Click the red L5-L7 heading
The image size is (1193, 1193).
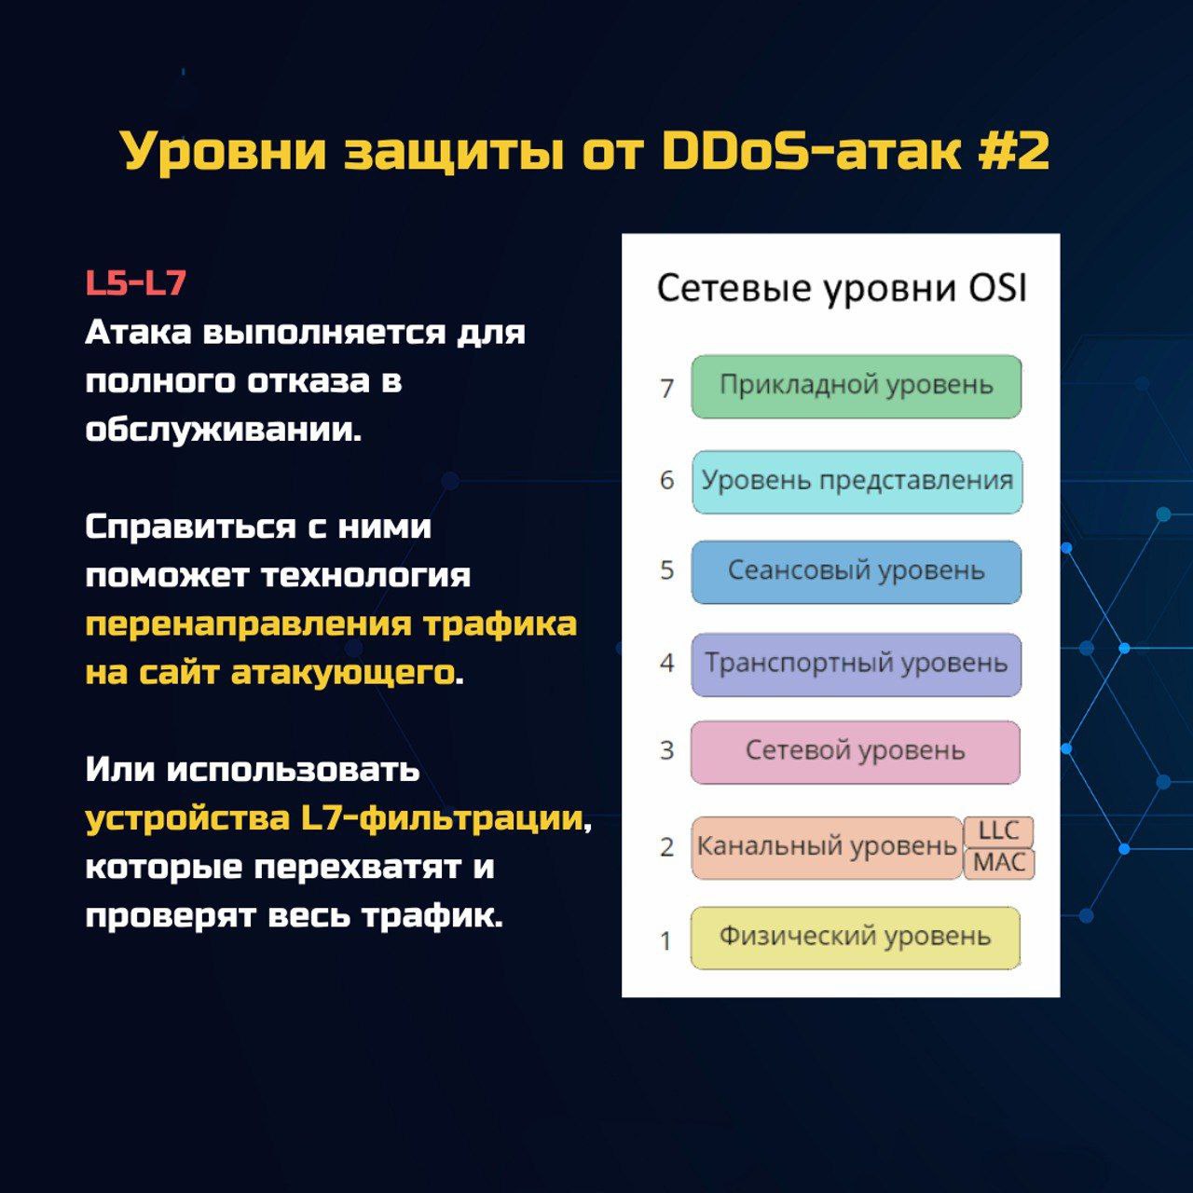[135, 283]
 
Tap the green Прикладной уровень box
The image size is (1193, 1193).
[857, 386]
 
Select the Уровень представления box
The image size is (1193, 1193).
[857, 482]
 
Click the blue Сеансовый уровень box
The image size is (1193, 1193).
[857, 572]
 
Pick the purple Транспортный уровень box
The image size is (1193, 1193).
[857, 665]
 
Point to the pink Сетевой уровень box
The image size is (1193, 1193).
[856, 752]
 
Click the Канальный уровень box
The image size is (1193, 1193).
[827, 847]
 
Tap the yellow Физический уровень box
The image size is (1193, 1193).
[856, 938]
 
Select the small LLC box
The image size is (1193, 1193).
[998, 831]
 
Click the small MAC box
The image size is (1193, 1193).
[998, 863]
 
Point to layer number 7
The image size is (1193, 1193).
[666, 389]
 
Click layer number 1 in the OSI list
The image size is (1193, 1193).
[666, 941]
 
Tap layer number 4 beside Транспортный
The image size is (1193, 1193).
[666, 663]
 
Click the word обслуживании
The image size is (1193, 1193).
[224, 429]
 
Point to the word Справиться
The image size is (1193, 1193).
[191, 528]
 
